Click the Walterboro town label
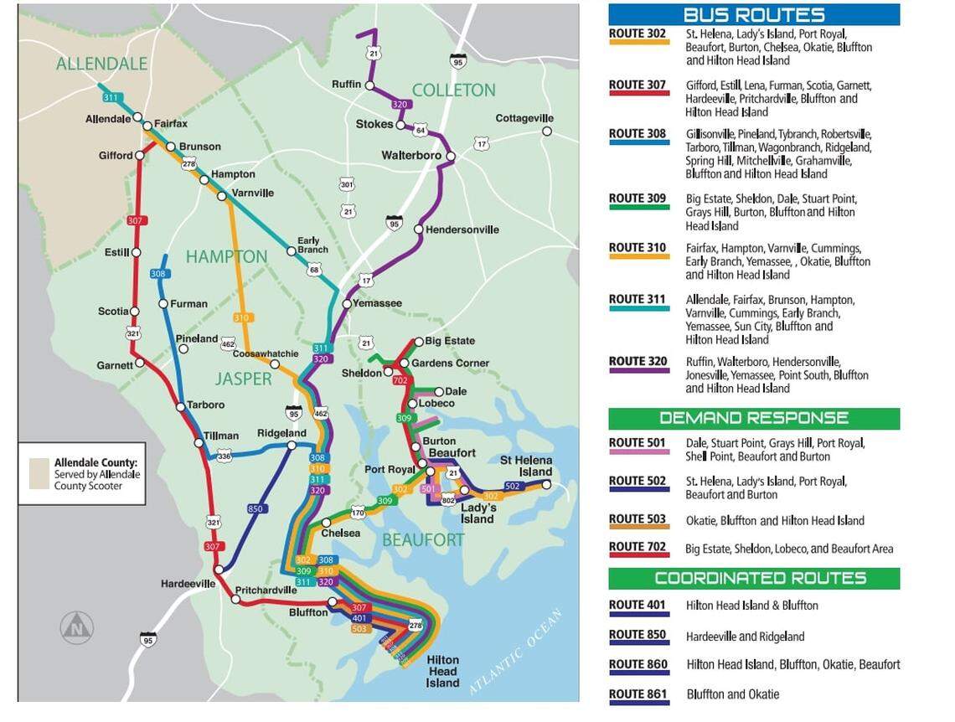pos(410,156)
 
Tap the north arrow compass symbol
pos(77,627)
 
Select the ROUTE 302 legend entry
pos(638,35)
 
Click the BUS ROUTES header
pos(753,15)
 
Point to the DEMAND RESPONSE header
pos(753,418)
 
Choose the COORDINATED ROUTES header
pos(753,578)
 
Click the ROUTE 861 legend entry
pos(638,694)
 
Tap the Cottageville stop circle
pos(547,132)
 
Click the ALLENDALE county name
pos(102,64)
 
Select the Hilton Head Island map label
pos(442,671)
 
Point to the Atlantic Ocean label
pos(516,652)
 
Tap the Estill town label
pos(116,252)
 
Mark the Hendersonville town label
pos(462,229)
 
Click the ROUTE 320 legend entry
pos(638,362)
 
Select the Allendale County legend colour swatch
pos(39,473)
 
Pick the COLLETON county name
pos(454,90)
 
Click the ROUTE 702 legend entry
pos(638,548)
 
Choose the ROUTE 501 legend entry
pos(638,443)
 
